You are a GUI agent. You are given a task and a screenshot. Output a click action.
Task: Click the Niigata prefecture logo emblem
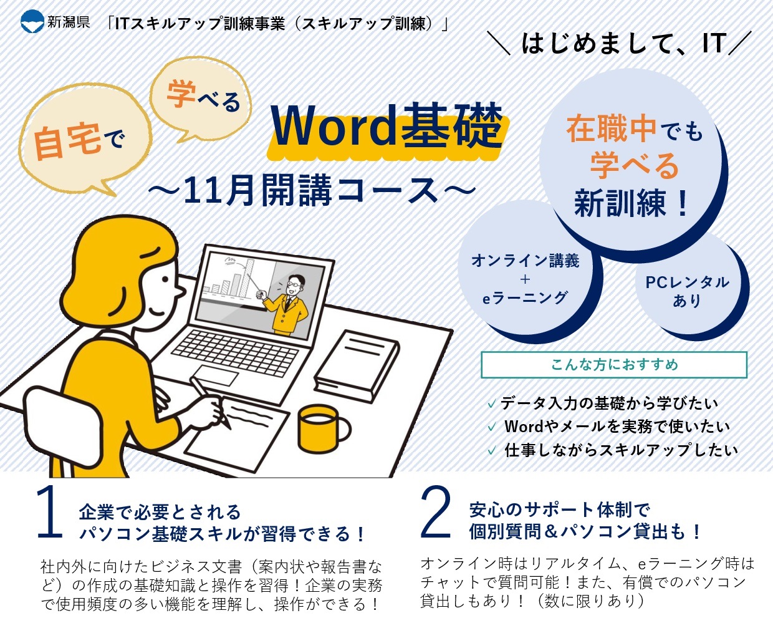[32, 22]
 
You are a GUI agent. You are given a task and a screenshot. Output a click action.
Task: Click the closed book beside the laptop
[357, 365]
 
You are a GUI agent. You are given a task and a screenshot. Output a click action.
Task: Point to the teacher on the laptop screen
[287, 305]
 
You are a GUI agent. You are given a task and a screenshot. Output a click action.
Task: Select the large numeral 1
[50, 512]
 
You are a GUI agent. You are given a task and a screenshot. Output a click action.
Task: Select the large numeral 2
[435, 512]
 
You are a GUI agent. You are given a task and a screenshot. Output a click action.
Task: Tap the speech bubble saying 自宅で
[85, 138]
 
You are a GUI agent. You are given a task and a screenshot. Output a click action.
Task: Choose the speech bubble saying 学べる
[201, 99]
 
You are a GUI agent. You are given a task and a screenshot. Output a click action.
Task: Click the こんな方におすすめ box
[614, 365]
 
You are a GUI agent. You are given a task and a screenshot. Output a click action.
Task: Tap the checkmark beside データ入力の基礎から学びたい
[492, 404]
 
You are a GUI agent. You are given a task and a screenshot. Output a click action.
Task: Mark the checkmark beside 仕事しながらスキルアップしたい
[492, 451]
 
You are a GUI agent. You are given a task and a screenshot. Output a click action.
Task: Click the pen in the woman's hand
[209, 402]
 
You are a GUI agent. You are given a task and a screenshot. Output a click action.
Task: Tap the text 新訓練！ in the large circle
[631, 204]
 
